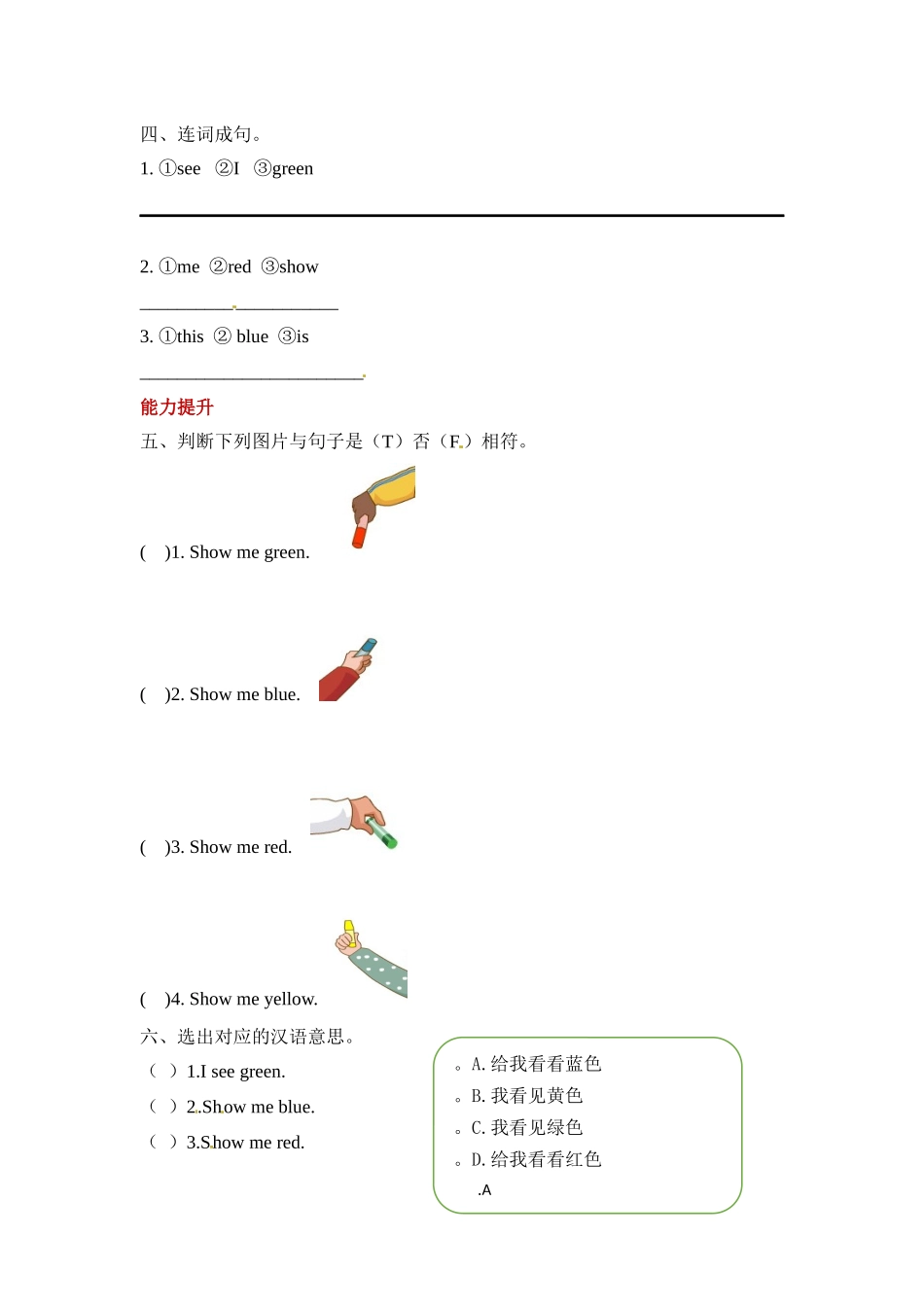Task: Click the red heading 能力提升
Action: pos(176,407)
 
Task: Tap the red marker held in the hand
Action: pos(360,534)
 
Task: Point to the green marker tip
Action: pos(391,841)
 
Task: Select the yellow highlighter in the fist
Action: pos(349,929)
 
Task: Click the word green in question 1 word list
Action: pos(292,169)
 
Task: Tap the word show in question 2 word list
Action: pos(298,267)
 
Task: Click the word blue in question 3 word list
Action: pos(252,337)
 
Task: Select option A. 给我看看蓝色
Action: pos(536,1064)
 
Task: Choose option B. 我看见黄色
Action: pos(526,1096)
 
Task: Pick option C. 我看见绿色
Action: pos(526,1128)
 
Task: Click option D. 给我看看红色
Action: pos(536,1159)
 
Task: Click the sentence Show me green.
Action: pos(249,553)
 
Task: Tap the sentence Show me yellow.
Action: pos(253,1000)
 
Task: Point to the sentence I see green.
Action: pos(235,1072)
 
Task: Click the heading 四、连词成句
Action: pos(200,134)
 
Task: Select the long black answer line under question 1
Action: pos(461,215)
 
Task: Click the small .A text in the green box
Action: pos(484,1190)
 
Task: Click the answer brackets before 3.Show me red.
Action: pos(162,1142)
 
